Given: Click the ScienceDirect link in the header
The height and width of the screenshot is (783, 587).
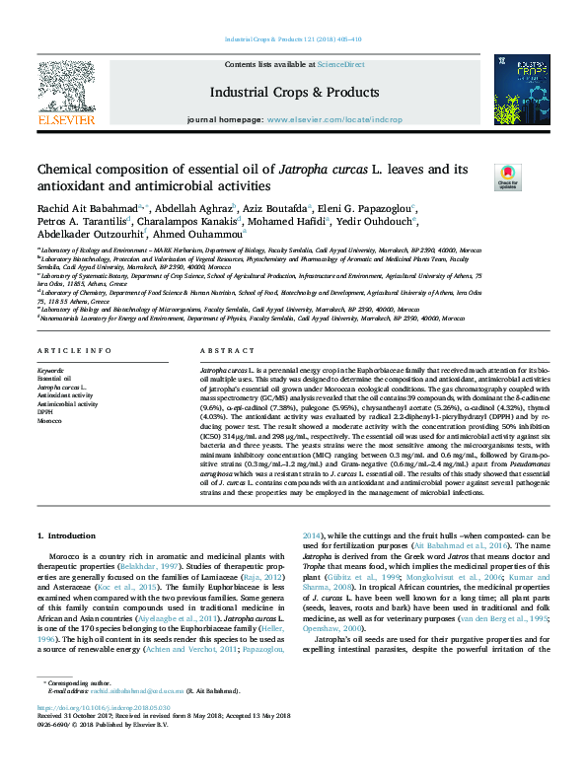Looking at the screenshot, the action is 340,64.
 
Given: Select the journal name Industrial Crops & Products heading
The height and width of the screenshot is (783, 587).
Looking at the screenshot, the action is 293,92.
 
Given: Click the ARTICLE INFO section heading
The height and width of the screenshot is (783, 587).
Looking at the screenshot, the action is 67,352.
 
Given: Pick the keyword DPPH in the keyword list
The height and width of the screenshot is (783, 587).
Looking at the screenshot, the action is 47,412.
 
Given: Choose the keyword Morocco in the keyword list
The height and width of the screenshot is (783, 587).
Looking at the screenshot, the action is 49,421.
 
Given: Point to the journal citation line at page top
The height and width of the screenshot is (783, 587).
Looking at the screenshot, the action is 293,39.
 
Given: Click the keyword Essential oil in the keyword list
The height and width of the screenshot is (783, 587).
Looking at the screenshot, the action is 53,379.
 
